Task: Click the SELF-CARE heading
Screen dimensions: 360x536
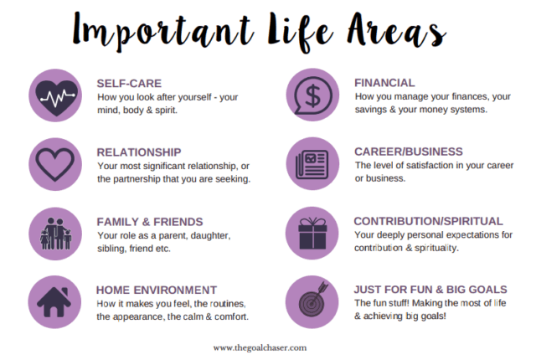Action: pos(128,83)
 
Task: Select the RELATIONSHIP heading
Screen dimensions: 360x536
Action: pos(139,152)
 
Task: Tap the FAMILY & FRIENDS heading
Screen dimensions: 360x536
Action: pos(149,222)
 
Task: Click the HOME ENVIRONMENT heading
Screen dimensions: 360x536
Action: pos(157,291)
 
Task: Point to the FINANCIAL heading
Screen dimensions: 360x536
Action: pos(384,83)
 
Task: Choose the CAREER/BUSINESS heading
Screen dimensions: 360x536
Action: pos(408,152)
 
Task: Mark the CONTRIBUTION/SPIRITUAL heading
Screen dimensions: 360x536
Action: pos(428,221)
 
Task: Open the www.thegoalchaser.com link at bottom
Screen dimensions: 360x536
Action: pos(267,347)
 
